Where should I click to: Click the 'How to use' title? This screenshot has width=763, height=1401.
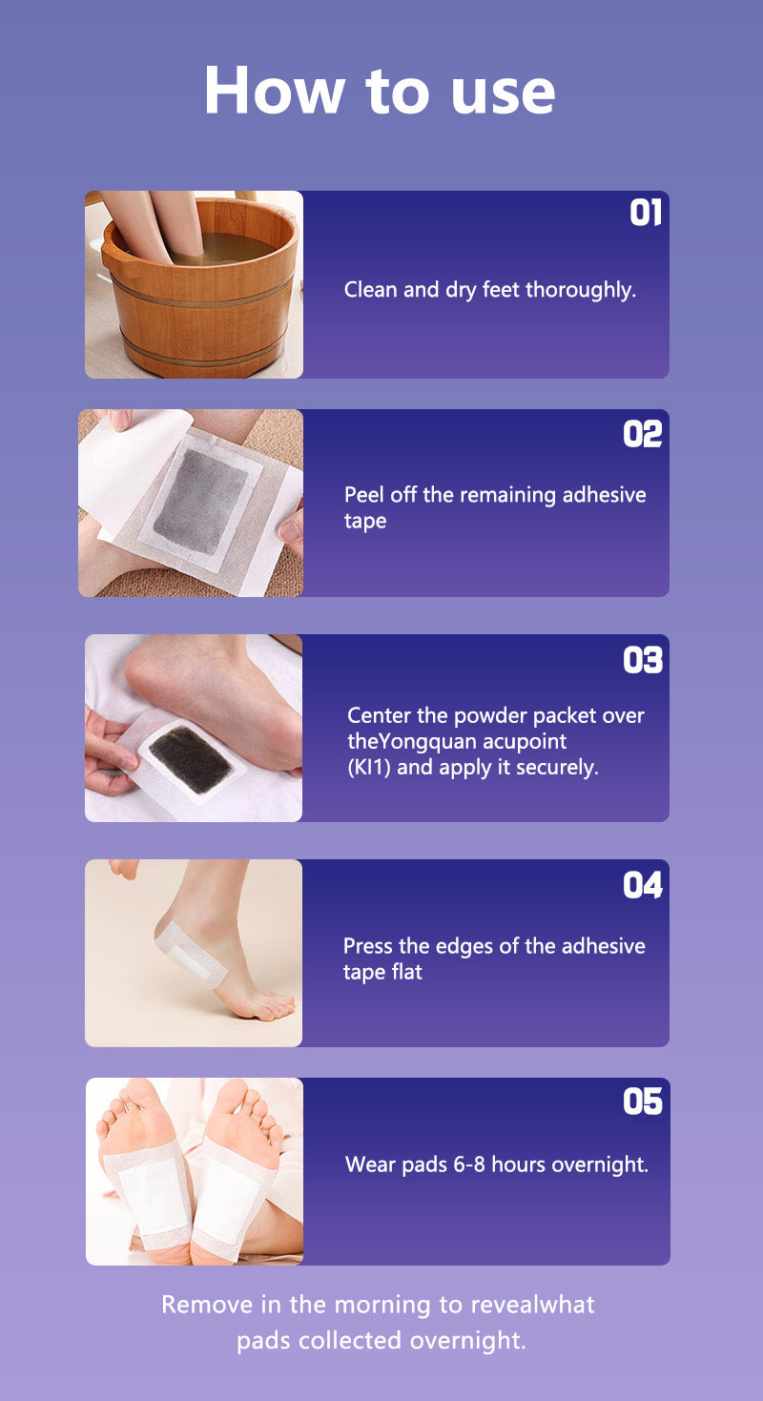tap(380, 91)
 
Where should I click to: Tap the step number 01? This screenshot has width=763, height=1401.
tap(646, 214)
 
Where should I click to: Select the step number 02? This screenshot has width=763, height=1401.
tap(642, 433)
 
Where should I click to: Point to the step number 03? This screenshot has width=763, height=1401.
tap(642, 660)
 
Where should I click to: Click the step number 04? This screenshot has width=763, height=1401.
tap(642, 885)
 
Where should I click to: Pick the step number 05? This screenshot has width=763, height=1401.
tap(642, 1102)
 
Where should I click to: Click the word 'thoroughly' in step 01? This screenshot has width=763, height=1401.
tap(580, 290)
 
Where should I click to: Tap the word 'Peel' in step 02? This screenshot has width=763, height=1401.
tap(364, 495)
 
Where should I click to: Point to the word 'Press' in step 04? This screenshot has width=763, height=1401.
tap(368, 946)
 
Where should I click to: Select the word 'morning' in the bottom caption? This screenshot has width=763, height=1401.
tap(383, 1306)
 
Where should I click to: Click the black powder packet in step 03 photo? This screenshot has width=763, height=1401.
tap(192, 759)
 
